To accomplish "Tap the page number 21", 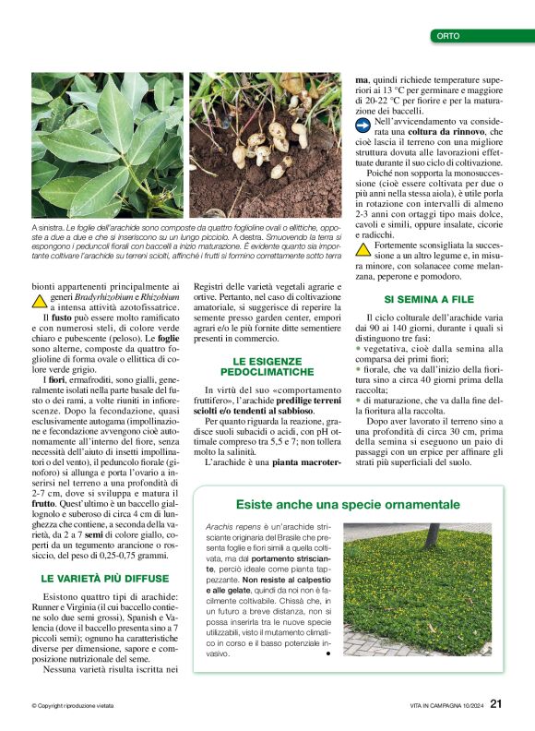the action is point(496,704).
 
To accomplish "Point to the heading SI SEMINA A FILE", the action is point(428,300).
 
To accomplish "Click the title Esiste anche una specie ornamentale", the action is point(348,505).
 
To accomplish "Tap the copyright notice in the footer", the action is point(72,706).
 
